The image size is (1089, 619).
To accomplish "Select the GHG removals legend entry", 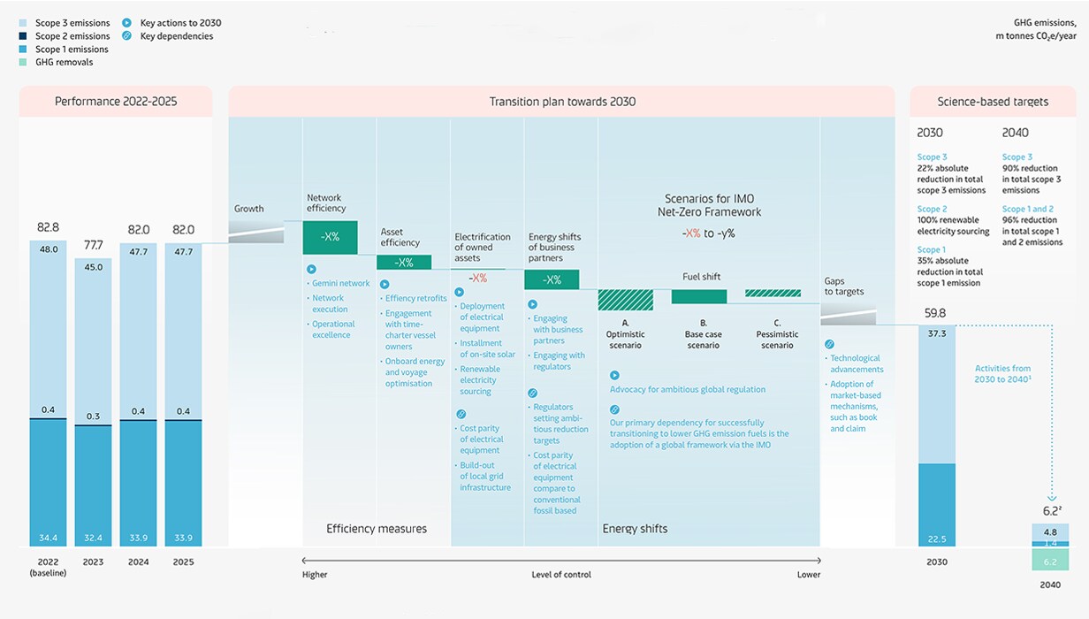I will [x=64, y=63].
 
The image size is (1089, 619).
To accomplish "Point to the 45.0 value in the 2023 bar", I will [x=92, y=266].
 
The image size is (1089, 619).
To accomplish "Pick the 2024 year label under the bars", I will [x=138, y=562].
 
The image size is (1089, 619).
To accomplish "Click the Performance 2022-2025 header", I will [x=116, y=102].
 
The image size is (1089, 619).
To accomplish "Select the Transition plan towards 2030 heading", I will [x=562, y=102].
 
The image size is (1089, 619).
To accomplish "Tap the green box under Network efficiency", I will [x=330, y=237].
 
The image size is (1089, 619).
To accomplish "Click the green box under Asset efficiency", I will [x=404, y=263].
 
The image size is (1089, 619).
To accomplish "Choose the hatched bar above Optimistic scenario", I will [x=626, y=300].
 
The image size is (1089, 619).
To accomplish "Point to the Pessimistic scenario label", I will [x=777, y=340].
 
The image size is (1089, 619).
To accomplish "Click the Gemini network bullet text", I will [x=341, y=284].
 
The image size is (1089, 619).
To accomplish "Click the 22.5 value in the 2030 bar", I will [x=936, y=539].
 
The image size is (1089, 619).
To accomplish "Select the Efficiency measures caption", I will [x=377, y=529].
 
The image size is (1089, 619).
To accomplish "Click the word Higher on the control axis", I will [x=314, y=575].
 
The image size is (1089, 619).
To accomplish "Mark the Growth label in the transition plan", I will [x=249, y=210].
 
